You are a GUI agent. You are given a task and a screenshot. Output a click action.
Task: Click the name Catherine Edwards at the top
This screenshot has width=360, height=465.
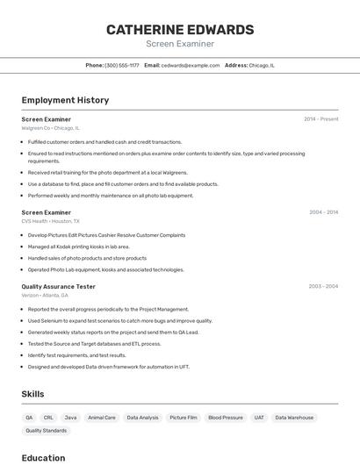click(180, 30)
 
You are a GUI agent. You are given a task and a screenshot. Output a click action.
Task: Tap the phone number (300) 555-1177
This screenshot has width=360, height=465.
click(122, 65)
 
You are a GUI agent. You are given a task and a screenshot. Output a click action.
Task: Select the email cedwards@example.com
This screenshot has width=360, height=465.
click(191, 65)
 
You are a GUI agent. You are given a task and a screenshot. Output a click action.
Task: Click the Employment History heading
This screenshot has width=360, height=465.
click(65, 100)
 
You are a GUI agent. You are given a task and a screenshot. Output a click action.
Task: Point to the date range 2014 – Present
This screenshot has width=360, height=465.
click(320, 118)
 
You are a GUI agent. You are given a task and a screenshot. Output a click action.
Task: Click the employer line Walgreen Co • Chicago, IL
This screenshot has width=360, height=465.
click(51, 128)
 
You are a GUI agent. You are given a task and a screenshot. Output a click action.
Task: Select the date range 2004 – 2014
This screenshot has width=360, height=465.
click(323, 212)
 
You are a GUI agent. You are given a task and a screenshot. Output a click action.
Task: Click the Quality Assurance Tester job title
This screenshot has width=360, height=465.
click(59, 286)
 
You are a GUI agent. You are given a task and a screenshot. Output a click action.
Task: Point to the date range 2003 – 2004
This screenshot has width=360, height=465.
click(323, 286)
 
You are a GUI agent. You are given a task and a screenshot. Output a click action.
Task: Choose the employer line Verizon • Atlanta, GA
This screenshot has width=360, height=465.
click(45, 296)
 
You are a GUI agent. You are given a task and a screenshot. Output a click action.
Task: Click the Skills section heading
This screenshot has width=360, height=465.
click(32, 394)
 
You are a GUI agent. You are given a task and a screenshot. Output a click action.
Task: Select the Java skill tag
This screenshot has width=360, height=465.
click(70, 418)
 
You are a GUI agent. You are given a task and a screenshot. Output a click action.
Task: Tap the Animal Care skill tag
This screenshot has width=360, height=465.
click(102, 418)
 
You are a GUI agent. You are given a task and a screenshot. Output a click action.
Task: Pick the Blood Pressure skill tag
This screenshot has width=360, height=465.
click(226, 418)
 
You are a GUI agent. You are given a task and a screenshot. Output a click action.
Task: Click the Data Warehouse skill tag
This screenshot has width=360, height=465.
click(294, 418)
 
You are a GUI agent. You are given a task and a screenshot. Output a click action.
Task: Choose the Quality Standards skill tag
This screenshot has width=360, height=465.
click(46, 431)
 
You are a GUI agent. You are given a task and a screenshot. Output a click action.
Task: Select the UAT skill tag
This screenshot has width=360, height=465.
click(259, 418)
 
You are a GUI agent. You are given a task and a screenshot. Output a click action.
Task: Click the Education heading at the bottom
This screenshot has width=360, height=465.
click(43, 458)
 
